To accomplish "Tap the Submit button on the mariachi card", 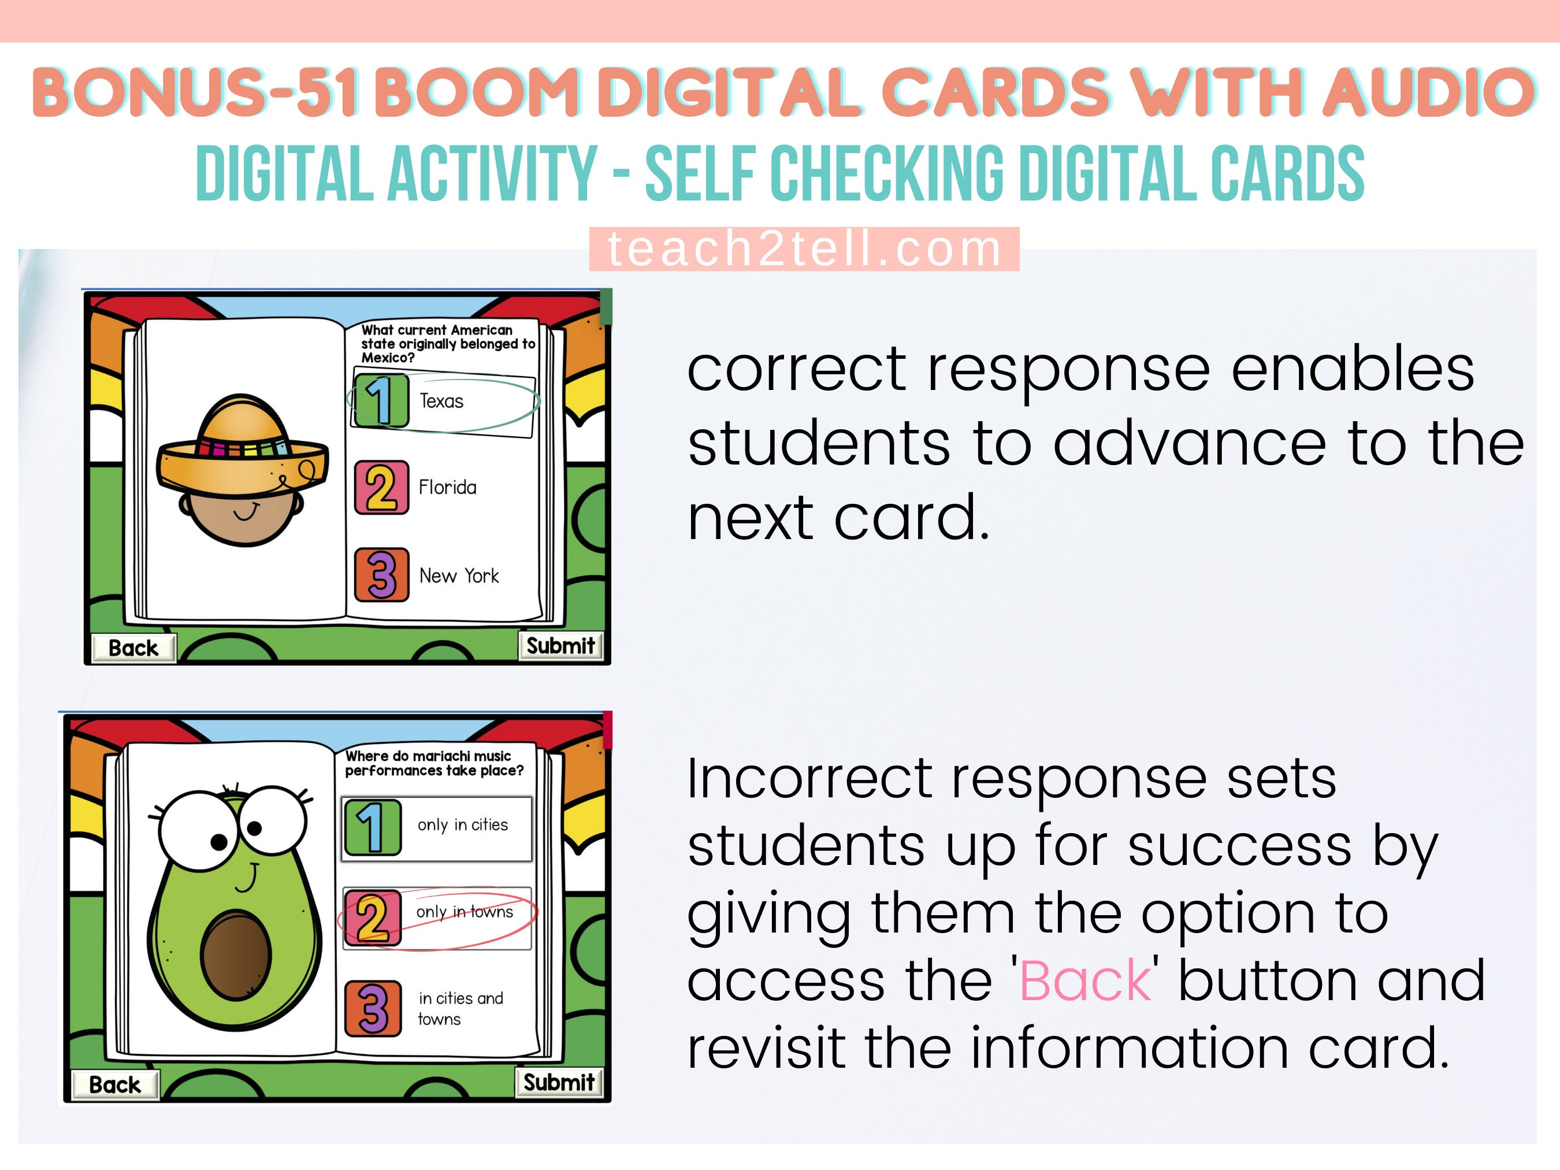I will [559, 1082].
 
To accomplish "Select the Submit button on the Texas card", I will [560, 645].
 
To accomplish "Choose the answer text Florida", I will [447, 487].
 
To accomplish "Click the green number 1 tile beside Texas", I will [381, 400].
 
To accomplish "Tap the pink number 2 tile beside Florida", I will [381, 487].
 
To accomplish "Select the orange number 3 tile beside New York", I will [381, 575].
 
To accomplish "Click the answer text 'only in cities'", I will [463, 824].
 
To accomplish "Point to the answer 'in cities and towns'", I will [460, 1008].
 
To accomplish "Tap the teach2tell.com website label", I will [804, 249].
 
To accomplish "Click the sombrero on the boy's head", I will [242, 444].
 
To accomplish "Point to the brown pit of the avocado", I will [236, 956].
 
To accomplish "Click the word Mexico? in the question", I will [388, 358].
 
